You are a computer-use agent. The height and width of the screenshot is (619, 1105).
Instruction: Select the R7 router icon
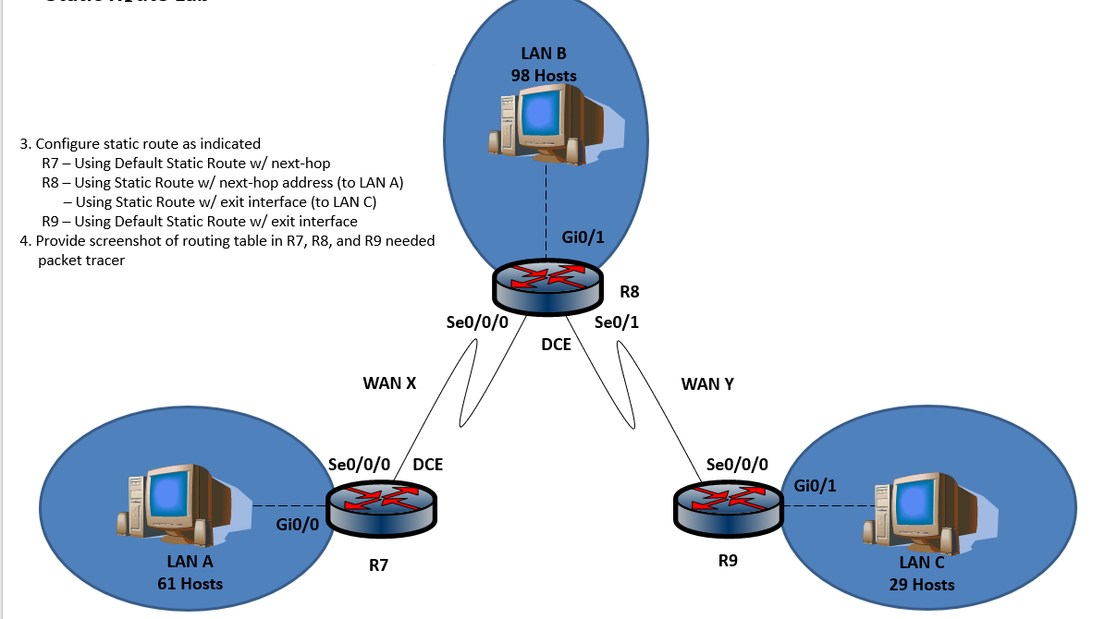383,507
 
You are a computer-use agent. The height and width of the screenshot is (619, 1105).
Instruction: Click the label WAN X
389,382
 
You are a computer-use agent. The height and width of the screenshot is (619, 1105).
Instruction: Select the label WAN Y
707,382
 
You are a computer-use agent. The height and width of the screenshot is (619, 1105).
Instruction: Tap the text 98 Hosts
544,75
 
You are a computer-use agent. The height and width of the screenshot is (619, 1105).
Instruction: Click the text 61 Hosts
190,583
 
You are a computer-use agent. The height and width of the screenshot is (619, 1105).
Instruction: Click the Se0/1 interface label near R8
617,322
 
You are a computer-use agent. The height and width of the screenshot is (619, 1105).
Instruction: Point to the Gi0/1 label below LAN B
583,237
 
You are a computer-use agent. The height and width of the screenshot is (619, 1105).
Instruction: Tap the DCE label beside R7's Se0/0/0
427,465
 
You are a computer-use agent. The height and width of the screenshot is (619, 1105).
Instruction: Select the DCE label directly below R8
556,345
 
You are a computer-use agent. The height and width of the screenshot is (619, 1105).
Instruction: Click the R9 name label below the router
728,560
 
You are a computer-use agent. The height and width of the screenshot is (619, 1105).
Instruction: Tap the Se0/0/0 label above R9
737,465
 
